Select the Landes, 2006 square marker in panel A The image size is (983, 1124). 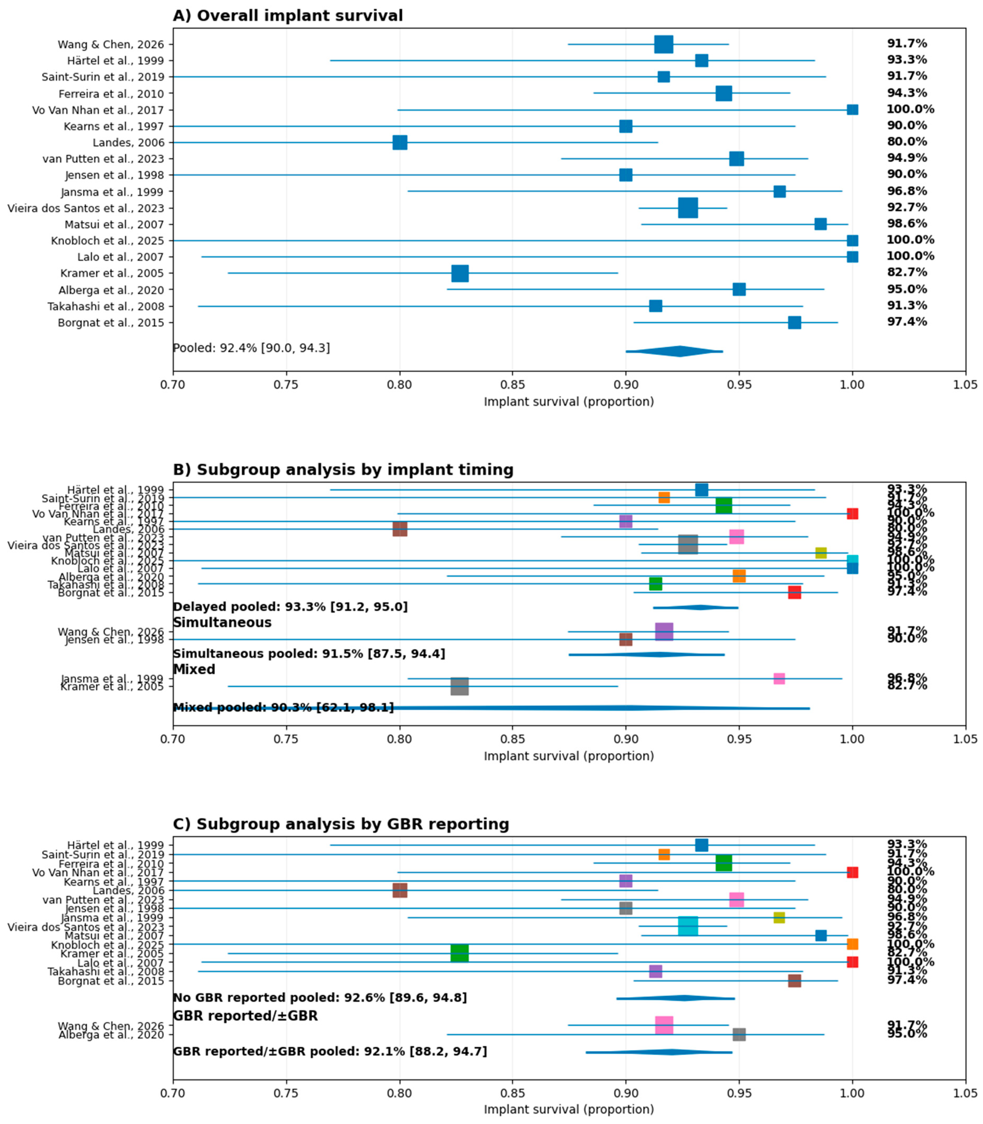click(400, 143)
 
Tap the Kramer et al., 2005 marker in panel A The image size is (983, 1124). click(460, 273)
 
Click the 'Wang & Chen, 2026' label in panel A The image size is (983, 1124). click(111, 44)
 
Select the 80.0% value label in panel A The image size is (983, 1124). click(907, 142)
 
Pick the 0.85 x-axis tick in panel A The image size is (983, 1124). click(512, 385)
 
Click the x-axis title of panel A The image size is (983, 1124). click(568, 402)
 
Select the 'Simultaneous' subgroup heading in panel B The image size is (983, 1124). click(222, 623)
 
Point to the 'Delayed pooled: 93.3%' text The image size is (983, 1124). click(290, 607)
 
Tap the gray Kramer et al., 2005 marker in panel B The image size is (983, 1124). click(460, 686)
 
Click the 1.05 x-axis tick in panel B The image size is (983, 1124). click(965, 739)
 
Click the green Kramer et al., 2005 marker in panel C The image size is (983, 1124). click(460, 954)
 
